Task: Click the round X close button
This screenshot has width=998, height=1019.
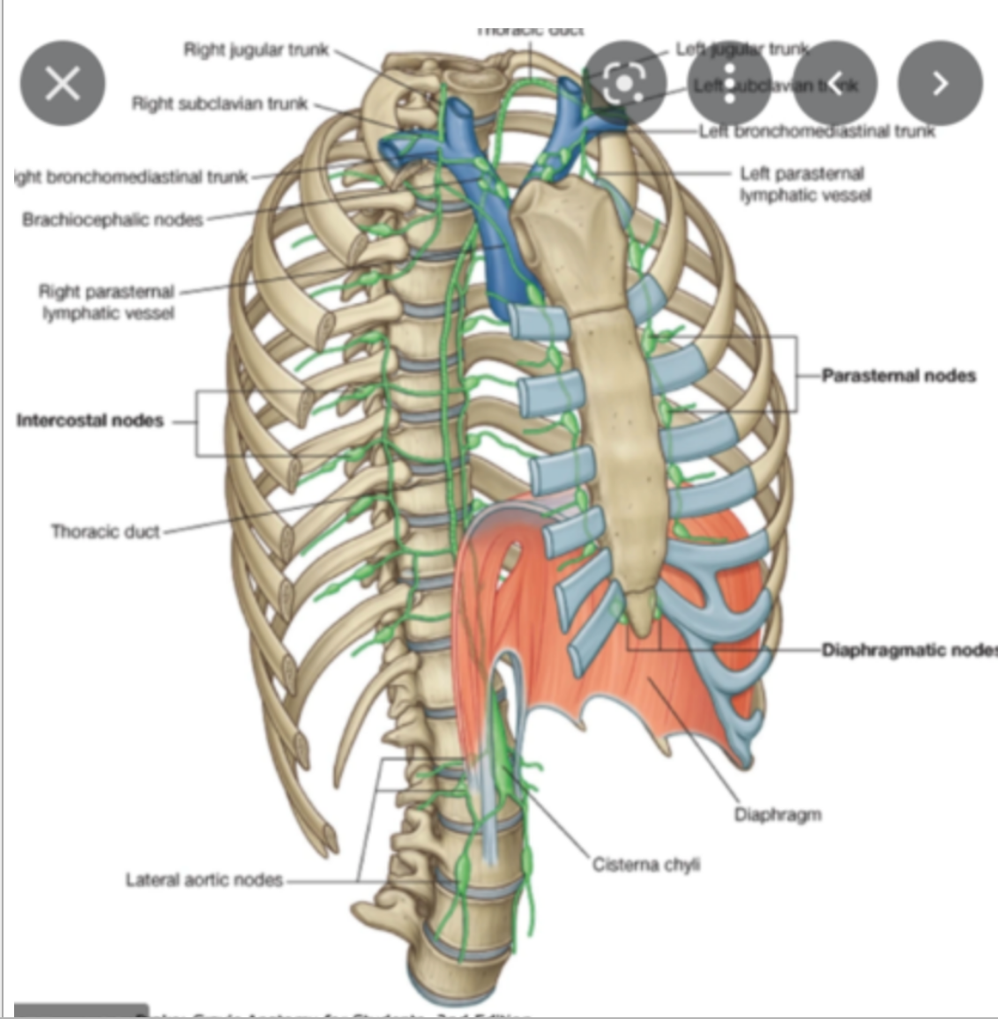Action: tap(63, 84)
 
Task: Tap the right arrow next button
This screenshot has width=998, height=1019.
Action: tap(940, 84)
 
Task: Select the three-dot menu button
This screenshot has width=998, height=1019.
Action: tap(729, 84)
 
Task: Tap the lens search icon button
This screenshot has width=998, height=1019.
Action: tap(624, 84)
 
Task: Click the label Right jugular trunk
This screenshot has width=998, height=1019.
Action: tap(256, 49)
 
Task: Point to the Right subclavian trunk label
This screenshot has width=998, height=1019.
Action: tap(220, 104)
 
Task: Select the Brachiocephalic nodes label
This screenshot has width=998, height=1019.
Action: tap(113, 219)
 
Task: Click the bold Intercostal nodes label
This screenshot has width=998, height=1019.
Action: tap(90, 420)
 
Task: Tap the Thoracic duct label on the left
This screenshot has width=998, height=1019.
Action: tap(105, 532)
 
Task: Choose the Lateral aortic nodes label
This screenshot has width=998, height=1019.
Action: tap(204, 880)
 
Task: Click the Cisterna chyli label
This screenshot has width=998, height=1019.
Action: tap(646, 865)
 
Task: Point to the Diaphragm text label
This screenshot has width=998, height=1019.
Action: tap(778, 814)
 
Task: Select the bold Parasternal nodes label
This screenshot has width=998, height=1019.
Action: tap(898, 376)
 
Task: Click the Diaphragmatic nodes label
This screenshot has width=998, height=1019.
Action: tap(908, 651)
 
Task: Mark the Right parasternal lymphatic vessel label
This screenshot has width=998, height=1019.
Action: tap(107, 301)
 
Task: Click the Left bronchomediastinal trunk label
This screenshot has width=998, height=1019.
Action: tap(816, 132)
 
